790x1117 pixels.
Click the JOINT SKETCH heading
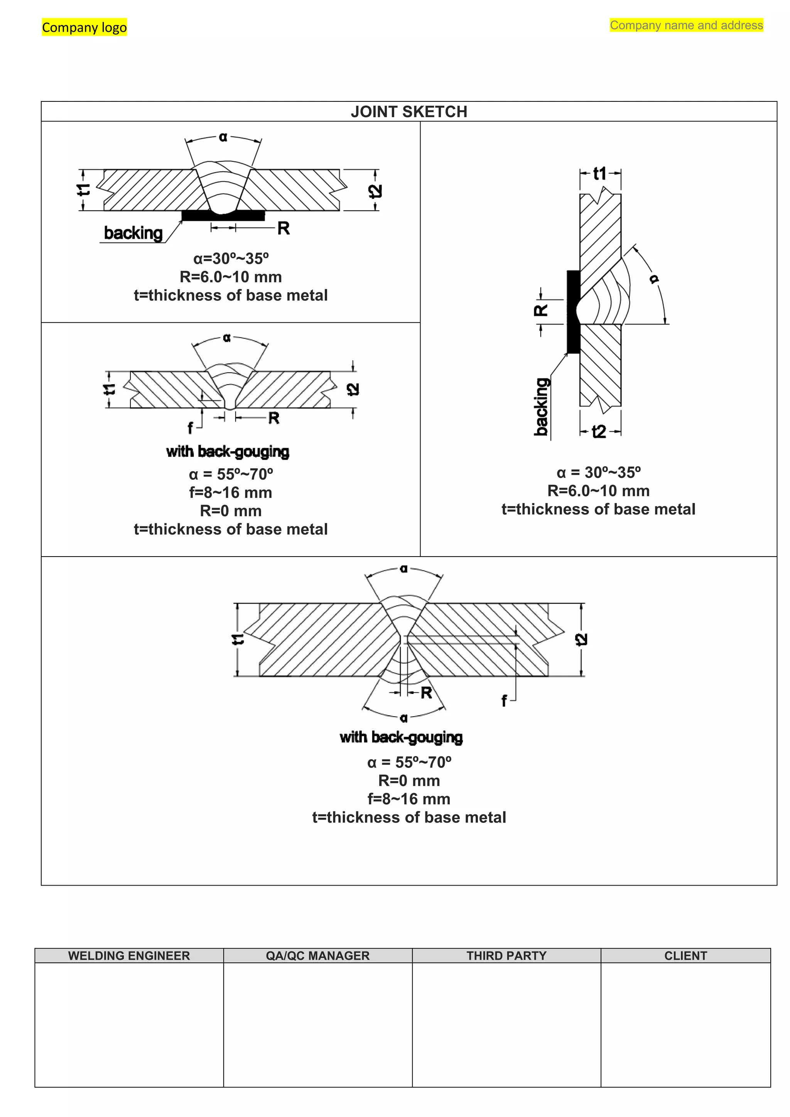pos(409,112)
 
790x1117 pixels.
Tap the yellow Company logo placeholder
pos(84,27)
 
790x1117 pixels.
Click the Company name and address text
pos(686,25)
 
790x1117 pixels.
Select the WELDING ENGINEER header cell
pos(129,955)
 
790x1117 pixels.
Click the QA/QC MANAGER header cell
pos(317,955)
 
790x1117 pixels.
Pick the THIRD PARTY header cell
pos(506,955)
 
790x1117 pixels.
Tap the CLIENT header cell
pos(685,955)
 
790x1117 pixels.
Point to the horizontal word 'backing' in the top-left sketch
pos(133,233)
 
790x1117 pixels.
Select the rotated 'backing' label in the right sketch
pos(542,406)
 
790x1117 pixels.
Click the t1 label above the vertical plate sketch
pos(600,174)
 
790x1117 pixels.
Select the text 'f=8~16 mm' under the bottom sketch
pos(409,799)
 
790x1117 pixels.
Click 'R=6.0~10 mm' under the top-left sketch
pos(231,277)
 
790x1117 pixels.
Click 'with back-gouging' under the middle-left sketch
pos(228,452)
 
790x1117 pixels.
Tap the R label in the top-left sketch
pos(284,228)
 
